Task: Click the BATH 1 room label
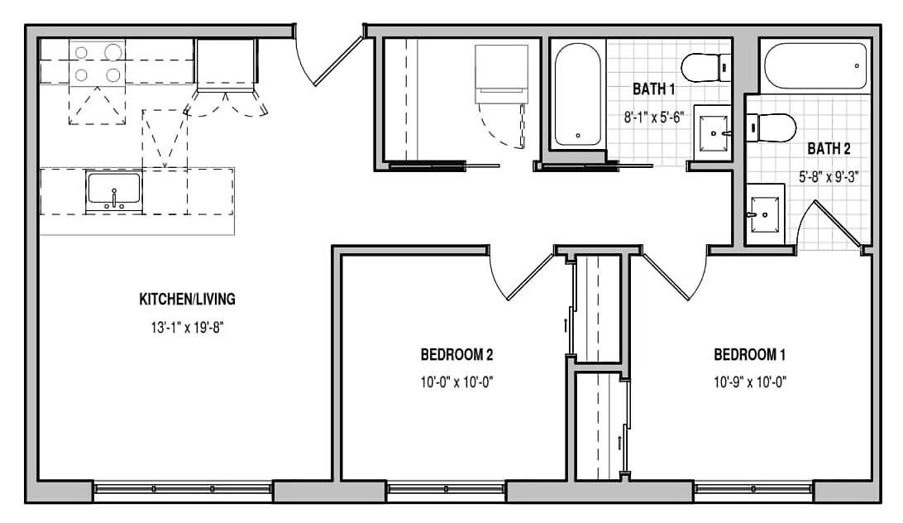coord(653,89)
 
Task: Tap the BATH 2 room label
coord(829,148)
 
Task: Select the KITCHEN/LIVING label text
coord(187,299)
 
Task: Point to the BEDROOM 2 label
coord(456,354)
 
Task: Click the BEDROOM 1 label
coord(750,354)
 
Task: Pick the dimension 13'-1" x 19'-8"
coord(187,328)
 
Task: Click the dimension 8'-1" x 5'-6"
coord(653,117)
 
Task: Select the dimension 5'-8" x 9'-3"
coord(829,176)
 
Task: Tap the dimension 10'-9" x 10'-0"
coord(750,381)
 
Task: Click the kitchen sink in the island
coord(113,191)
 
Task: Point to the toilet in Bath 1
coord(705,68)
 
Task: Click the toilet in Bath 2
coord(771,127)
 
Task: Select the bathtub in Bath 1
coord(577,94)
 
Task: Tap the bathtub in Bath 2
coord(815,65)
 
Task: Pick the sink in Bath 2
coord(766,214)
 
